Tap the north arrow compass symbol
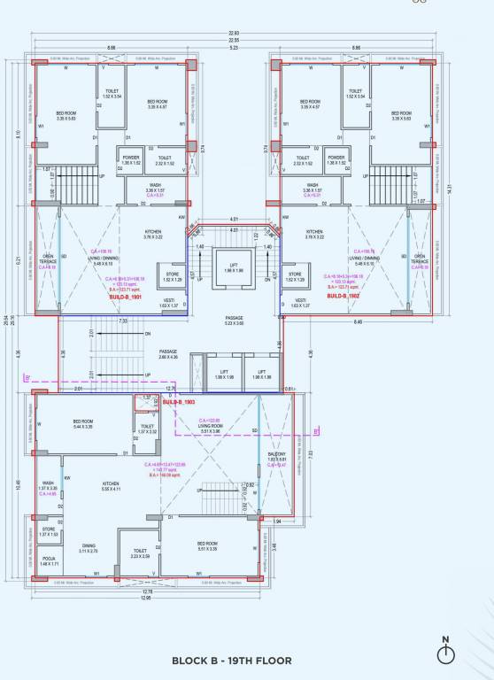pyautogui.click(x=445, y=653)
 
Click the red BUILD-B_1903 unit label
pyautogui.click(x=183, y=402)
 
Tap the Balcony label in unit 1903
pyautogui.click(x=276, y=456)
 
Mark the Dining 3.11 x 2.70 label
pyautogui.click(x=89, y=548)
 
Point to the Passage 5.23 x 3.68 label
pyautogui.click(x=235, y=321)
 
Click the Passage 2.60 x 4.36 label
pyautogui.click(x=168, y=354)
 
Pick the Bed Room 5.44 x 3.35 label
pyautogui.click(x=83, y=423)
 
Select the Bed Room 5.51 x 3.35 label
pyautogui.click(x=207, y=545)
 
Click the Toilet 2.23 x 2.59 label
pyautogui.click(x=140, y=552)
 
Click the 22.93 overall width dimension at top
pyautogui.click(x=234, y=33)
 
